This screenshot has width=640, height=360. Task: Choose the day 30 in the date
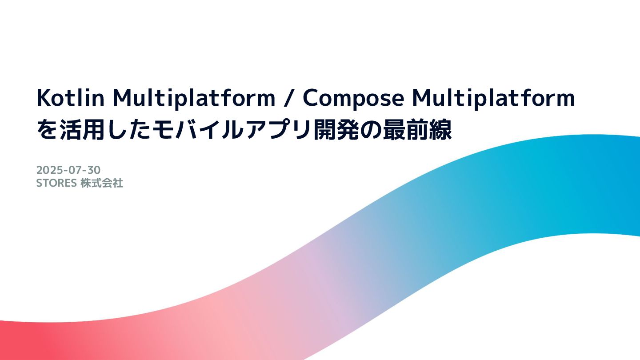[94, 170]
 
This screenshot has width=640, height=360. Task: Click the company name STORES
[56, 183]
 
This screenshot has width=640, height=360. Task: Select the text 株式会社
[102, 183]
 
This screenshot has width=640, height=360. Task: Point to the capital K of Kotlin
[42, 98]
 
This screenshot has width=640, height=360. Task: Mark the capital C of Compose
[310, 98]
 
